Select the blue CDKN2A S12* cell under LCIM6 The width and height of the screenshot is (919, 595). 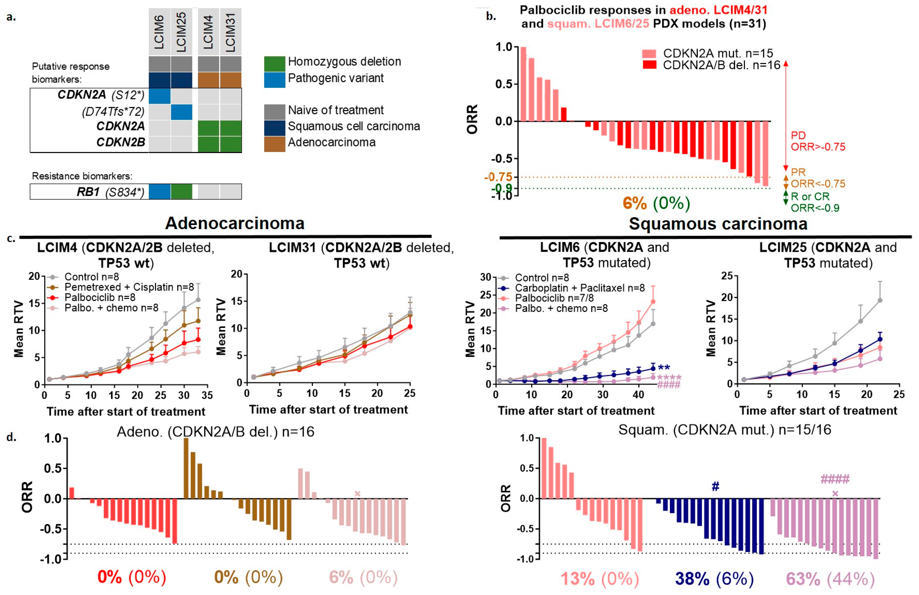coord(160,96)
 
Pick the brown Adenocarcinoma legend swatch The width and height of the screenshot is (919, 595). coord(275,144)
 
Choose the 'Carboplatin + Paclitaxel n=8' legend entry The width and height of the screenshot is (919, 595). coord(579,288)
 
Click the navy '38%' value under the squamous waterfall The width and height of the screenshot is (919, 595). coord(692,579)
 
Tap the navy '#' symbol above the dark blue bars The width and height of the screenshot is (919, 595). coord(715,487)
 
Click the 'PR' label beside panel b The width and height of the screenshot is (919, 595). coord(798,172)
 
